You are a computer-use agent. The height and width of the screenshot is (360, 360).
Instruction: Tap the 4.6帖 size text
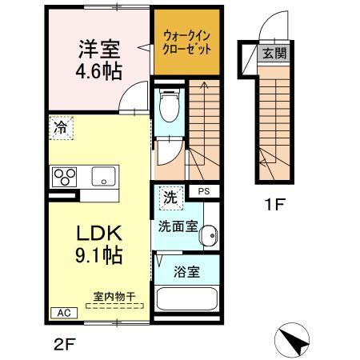(99, 71)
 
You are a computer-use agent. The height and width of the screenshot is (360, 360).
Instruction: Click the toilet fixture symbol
(168, 103)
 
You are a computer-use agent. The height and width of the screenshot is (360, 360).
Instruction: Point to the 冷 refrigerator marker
(60, 126)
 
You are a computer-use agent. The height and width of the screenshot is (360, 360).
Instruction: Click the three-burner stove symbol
(65, 174)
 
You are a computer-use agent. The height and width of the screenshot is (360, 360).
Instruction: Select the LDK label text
(98, 234)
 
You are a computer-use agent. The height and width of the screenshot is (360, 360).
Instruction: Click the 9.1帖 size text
(99, 256)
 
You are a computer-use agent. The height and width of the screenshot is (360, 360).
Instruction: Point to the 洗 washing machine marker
(170, 194)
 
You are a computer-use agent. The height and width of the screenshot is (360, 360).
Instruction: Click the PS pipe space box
(205, 190)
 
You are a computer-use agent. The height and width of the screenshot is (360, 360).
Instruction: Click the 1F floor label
(274, 204)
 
